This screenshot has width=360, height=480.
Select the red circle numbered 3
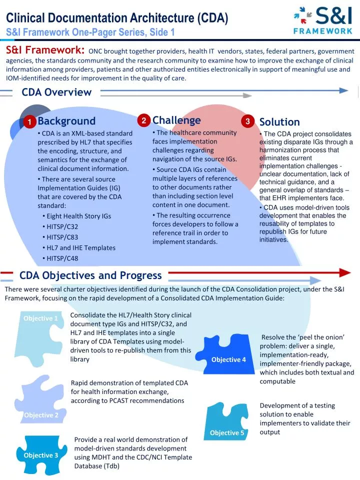[x=247, y=122]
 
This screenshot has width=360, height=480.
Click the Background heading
[x=66, y=121]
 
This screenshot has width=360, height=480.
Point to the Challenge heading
[x=176, y=120]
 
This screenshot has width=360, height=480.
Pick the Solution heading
[x=279, y=122]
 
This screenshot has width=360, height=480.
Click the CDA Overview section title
[x=56, y=92]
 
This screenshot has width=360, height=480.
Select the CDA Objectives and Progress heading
[x=90, y=275]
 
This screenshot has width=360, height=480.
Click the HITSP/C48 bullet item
[x=62, y=258]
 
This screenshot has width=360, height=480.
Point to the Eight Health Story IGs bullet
[x=78, y=216]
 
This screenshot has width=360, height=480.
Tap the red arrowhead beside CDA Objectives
[x=344, y=272]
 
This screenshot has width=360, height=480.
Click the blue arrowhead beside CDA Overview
[x=343, y=90]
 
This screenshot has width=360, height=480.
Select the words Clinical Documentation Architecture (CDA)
[x=117, y=18]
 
